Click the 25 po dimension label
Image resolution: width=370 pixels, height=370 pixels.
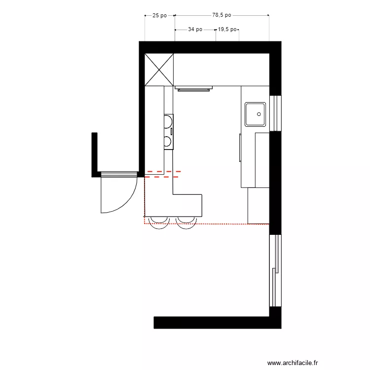[159, 15]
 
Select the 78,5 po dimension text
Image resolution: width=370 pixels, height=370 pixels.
[222, 15]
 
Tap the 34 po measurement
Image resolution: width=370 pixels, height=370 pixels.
[195, 29]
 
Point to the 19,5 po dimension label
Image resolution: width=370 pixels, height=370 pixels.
[227, 29]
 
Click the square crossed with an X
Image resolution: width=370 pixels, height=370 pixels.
[159, 70]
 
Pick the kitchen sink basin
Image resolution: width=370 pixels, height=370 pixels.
[256, 114]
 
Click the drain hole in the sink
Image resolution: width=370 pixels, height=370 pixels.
[259, 113]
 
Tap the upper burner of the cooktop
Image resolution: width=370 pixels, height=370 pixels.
[168, 121]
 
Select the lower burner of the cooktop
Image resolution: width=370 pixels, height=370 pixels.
[168, 142]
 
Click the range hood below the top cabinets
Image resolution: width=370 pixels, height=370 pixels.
[194, 89]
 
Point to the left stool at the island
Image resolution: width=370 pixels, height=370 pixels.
[159, 221]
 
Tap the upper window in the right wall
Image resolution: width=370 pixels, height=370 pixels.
[276, 112]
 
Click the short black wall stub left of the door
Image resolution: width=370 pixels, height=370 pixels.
[94, 153]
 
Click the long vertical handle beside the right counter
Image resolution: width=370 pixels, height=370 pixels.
[240, 147]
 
